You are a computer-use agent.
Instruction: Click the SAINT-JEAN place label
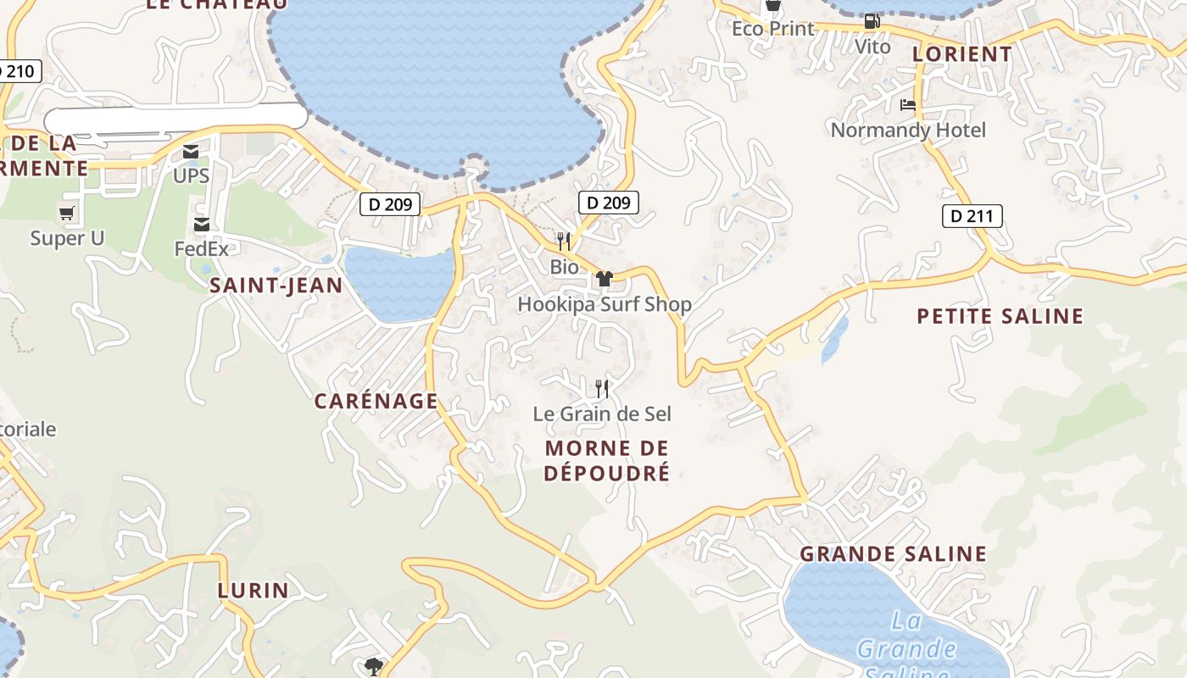pos(276,286)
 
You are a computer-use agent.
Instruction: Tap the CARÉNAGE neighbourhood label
pos(376,401)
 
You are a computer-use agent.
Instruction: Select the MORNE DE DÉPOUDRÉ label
pos(606,460)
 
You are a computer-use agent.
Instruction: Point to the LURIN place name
pos(253,590)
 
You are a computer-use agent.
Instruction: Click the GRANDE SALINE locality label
pos(894,554)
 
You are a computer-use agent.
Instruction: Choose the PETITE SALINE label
pos(1000,316)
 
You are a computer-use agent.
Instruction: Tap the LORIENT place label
pos(962,54)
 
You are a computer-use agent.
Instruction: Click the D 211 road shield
pos(972,216)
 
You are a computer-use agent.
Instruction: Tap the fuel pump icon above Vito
pos(872,21)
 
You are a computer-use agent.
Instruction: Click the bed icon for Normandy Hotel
pos(908,105)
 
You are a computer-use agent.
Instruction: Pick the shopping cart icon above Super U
pos(67,213)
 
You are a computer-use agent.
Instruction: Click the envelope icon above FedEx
pos(202,225)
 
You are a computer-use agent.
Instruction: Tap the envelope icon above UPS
pos(191,152)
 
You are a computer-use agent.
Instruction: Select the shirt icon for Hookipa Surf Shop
pos(604,279)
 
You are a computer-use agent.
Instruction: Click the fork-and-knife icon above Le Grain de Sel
pos(602,388)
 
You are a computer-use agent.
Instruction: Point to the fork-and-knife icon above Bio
pos(563,242)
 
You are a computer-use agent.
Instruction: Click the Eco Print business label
pos(772,29)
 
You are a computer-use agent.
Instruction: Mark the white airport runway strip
pos(176,117)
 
